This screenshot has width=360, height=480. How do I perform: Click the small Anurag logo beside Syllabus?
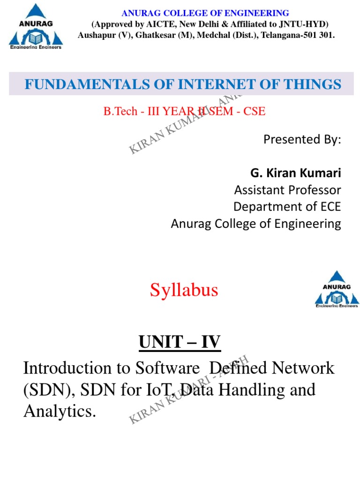coord(337,289)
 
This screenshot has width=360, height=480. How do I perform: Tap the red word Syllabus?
coord(184,291)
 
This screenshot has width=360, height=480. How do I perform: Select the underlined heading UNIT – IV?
coord(180,343)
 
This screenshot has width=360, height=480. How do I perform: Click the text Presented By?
coord(302,139)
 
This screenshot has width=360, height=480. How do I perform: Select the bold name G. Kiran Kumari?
coord(296,173)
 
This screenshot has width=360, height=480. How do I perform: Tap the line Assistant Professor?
coord(287,190)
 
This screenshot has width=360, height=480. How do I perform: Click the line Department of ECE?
coord(287,207)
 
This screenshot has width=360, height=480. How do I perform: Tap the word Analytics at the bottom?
coord(59,412)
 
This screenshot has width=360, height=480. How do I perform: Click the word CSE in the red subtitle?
coord(255,112)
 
